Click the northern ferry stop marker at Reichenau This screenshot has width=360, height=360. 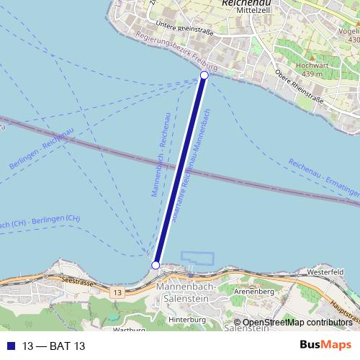click(x=204, y=75)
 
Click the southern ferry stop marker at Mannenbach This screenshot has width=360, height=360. click(x=156, y=266)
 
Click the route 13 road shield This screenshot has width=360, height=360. click(x=116, y=292)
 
